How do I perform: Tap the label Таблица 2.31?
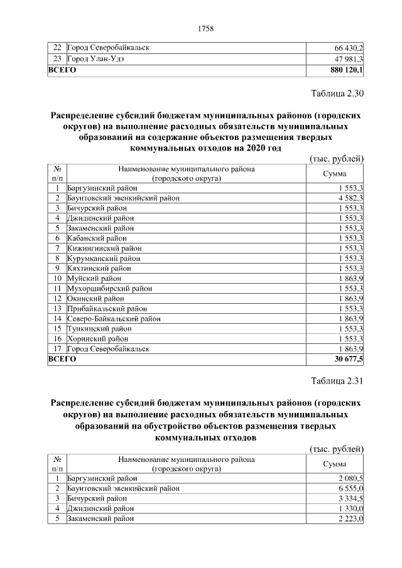(x=337, y=380)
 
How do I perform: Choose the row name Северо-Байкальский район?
(x=114, y=318)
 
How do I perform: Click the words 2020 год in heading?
(x=260, y=148)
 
